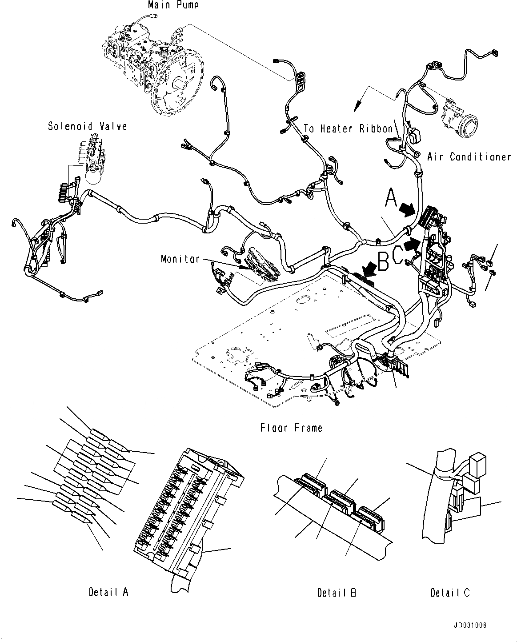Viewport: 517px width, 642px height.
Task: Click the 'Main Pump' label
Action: tap(173, 5)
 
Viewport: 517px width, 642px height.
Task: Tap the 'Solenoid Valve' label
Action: tap(88, 126)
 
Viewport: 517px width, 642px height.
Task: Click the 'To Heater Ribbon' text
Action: tap(348, 129)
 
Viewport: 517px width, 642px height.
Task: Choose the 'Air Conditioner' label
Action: tap(469, 157)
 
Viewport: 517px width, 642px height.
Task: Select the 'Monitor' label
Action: tap(180, 259)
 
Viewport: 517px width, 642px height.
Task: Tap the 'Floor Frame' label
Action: tap(291, 428)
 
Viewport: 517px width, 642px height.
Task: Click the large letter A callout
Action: tap(390, 198)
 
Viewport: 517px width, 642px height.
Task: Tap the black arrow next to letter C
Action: tap(413, 243)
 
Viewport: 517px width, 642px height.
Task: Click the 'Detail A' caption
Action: tap(108, 592)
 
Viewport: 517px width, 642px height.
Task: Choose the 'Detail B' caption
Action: tap(337, 592)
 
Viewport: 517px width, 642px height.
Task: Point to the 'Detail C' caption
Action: tap(450, 592)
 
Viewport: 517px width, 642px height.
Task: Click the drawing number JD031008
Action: tap(470, 625)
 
